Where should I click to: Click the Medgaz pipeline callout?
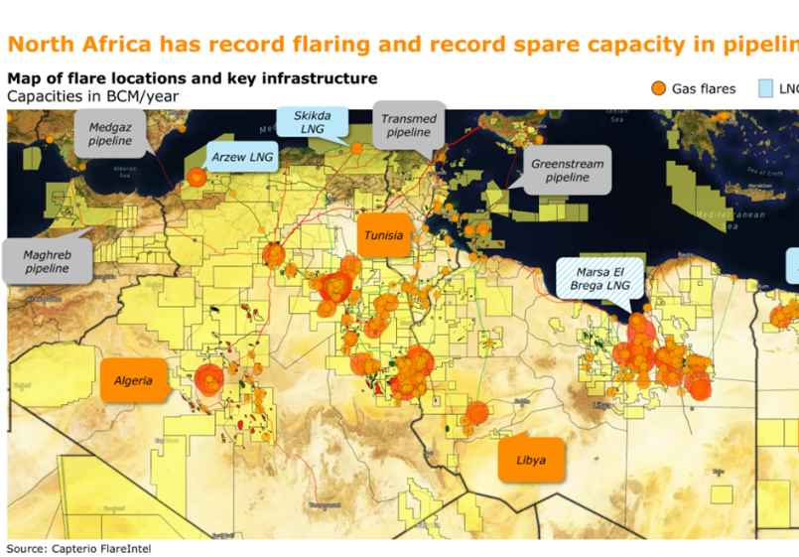109,134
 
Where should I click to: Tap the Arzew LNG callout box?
243,157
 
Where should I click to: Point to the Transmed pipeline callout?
408,125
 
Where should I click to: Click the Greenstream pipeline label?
567,170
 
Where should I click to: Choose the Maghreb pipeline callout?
47,261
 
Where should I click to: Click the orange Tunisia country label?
383,235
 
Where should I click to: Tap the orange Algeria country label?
133,380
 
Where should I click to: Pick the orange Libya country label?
530,460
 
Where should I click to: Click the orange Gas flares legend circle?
658,88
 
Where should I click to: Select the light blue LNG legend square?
765,88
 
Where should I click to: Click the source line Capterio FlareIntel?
79,548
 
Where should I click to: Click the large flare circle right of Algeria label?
208,379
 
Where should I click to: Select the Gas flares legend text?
704,88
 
